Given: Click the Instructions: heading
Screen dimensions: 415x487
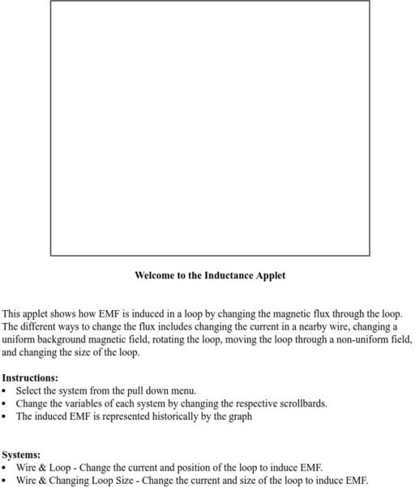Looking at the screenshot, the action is pyautogui.click(x=30, y=377).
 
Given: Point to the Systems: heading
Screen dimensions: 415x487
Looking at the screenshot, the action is pyautogui.click(x=21, y=455).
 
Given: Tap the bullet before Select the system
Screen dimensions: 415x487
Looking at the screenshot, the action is pyautogui.click(x=5, y=390).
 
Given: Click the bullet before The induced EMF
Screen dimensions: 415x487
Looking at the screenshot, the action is pyautogui.click(x=5, y=416).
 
